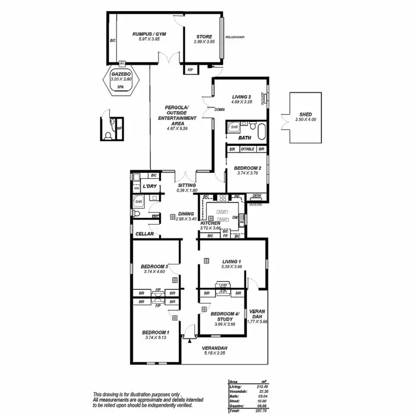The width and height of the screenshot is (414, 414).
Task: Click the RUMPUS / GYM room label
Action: [149, 34]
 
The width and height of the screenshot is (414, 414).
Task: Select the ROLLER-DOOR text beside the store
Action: [235, 37]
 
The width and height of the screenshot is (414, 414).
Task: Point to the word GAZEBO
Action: [120, 73]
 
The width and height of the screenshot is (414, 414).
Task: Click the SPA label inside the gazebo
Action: [120, 87]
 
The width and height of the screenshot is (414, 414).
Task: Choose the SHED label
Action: [306, 114]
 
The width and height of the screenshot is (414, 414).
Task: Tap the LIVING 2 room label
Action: [241, 97]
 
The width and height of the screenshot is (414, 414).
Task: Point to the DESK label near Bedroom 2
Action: [257, 195]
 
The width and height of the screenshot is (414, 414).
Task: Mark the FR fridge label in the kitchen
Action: [225, 236]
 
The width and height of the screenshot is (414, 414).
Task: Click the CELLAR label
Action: [144, 234]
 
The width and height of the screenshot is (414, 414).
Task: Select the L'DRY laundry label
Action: [150, 186]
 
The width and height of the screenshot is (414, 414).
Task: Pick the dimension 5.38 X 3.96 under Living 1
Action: [232, 267]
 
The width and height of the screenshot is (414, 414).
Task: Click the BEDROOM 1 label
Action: [156, 332]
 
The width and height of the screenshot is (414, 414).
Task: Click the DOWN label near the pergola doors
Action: [219, 110]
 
